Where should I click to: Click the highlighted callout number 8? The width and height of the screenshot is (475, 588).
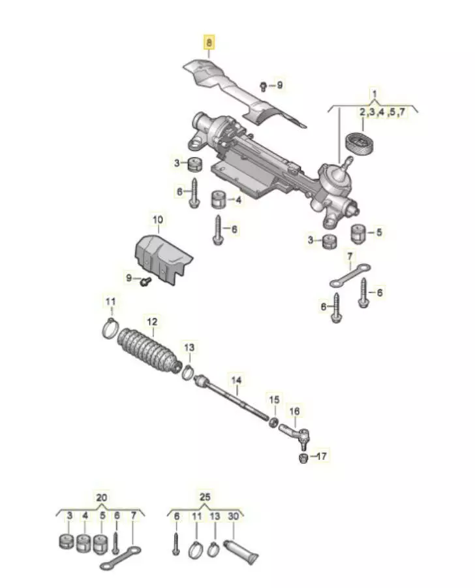coord(208,42)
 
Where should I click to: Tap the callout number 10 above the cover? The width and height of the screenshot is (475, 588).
coord(158,220)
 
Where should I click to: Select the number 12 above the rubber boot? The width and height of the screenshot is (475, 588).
coord(153,321)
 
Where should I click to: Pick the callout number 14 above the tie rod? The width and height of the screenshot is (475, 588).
coord(236,380)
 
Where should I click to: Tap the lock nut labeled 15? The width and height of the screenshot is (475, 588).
coord(274,423)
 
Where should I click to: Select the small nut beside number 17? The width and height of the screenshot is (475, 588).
coord(303,458)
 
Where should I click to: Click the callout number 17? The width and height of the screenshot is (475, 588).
coord(322,456)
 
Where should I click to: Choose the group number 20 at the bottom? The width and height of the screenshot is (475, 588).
coord(101,498)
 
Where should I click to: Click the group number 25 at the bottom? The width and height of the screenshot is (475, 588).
coord(205,497)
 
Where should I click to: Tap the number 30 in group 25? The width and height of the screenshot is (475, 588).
coord(233,516)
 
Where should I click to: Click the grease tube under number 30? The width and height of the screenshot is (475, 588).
coord(241,551)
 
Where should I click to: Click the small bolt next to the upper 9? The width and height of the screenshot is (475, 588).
coord(263,86)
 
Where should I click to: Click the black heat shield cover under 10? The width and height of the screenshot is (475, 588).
coord(162,257)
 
